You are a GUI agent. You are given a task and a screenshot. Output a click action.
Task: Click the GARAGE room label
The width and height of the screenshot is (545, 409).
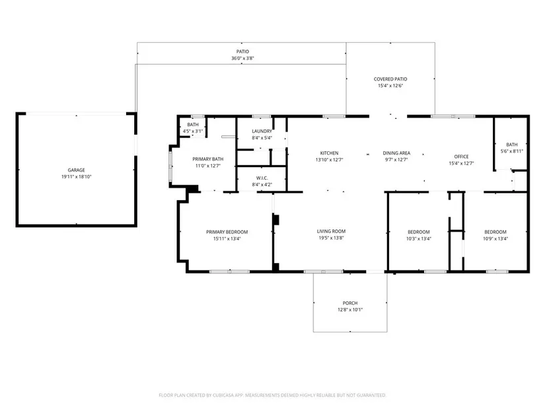pyautogui.click(x=76, y=170)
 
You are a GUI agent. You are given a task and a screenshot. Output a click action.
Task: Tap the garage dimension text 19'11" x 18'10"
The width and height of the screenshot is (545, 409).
pyautogui.click(x=76, y=176)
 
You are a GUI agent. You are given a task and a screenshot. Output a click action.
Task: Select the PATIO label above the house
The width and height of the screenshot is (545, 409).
pyautogui.click(x=242, y=52)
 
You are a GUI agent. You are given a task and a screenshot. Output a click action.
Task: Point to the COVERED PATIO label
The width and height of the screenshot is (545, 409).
pyautogui.click(x=390, y=79)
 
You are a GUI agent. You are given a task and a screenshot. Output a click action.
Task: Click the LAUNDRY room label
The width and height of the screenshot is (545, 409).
pyautogui.click(x=262, y=131)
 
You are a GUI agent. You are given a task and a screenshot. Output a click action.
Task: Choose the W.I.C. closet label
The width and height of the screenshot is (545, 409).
pyautogui.click(x=262, y=178)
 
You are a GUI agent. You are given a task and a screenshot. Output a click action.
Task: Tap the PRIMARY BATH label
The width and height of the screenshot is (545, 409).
pyautogui.click(x=208, y=159)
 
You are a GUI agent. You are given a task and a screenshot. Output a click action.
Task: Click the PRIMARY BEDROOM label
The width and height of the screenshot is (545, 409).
pyautogui.click(x=227, y=232)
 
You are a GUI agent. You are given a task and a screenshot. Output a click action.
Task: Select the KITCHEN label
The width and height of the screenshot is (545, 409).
pyautogui.click(x=329, y=153)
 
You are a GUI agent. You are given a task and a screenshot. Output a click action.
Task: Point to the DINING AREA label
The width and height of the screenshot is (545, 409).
pyautogui.click(x=396, y=153)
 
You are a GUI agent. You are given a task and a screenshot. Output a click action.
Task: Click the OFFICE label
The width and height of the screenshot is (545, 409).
pyautogui.click(x=461, y=157)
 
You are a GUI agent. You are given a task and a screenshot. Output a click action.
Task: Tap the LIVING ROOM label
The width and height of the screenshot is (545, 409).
pyautogui.click(x=331, y=231)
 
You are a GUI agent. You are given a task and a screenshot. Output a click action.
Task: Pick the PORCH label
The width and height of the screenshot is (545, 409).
pyautogui.click(x=350, y=303)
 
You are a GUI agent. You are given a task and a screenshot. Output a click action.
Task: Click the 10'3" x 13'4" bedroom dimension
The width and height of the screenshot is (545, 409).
pyautogui.click(x=419, y=239)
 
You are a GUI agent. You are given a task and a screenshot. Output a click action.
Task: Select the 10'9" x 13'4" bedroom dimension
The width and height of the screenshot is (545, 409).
pyautogui.click(x=495, y=239)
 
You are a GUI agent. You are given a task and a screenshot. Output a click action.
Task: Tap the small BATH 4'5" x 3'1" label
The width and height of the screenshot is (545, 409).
pyautogui.click(x=193, y=128)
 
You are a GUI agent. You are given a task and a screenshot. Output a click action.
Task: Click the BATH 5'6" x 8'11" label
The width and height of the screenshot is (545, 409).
pyautogui.click(x=511, y=148)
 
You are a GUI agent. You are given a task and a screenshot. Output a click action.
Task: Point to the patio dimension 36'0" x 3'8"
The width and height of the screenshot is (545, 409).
pyautogui.click(x=242, y=58)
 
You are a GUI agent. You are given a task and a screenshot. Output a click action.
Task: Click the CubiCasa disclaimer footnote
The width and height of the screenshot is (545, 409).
pyautogui.click(x=272, y=395)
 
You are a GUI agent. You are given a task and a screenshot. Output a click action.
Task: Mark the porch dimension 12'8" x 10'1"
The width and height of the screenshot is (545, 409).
pyautogui.click(x=350, y=309)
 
